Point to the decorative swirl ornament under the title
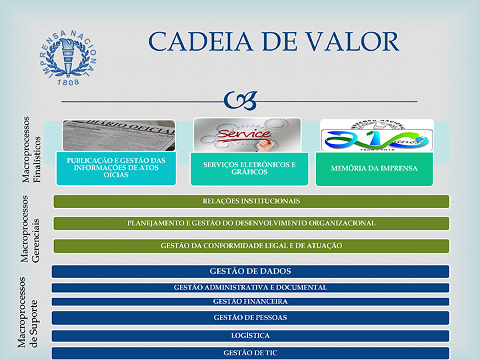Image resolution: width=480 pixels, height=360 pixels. pyautogui.click(x=240, y=100)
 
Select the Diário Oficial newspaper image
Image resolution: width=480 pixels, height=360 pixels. pyautogui.click(x=119, y=135)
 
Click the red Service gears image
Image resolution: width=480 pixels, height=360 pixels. pyautogui.click(x=247, y=135)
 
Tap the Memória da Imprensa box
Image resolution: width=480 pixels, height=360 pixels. pyautogui.click(x=374, y=168)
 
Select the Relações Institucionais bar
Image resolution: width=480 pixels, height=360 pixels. pyautogui.click(x=251, y=201)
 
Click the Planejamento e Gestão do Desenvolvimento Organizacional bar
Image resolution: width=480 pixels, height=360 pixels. pyautogui.click(x=251, y=223)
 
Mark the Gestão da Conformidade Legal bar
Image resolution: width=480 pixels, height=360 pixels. pyautogui.click(x=251, y=246)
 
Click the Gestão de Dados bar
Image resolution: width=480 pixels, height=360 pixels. pyautogui.click(x=250, y=271)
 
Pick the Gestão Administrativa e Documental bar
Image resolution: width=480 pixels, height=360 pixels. pyautogui.click(x=250, y=287)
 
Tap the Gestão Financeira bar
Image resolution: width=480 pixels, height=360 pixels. pyautogui.click(x=250, y=301)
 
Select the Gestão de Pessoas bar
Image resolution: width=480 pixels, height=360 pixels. pyautogui.click(x=250, y=318)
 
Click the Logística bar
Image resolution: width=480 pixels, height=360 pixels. pyautogui.click(x=250, y=336)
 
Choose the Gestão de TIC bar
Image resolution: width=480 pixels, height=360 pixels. pyautogui.click(x=250, y=353)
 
